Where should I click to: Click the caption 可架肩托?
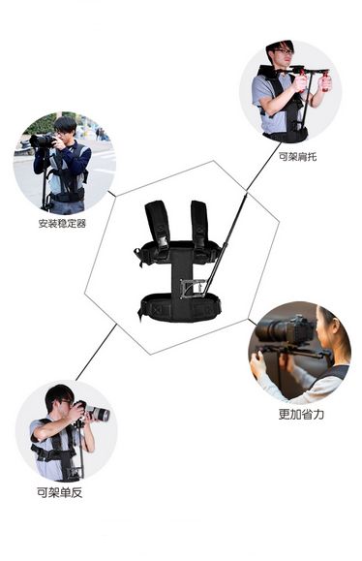point(297,157)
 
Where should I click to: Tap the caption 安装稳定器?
point(62,224)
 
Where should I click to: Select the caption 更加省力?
point(301,415)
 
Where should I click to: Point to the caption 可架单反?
point(60,492)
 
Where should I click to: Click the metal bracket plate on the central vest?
point(192,288)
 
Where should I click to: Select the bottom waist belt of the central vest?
point(180,308)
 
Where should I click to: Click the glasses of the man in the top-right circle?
point(284,52)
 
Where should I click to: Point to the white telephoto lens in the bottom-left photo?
point(97,413)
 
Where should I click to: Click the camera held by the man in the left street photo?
point(43,140)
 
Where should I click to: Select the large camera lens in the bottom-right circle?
point(275,330)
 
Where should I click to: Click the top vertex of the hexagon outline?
point(214,161)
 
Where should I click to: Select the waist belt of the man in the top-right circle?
point(286,136)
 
